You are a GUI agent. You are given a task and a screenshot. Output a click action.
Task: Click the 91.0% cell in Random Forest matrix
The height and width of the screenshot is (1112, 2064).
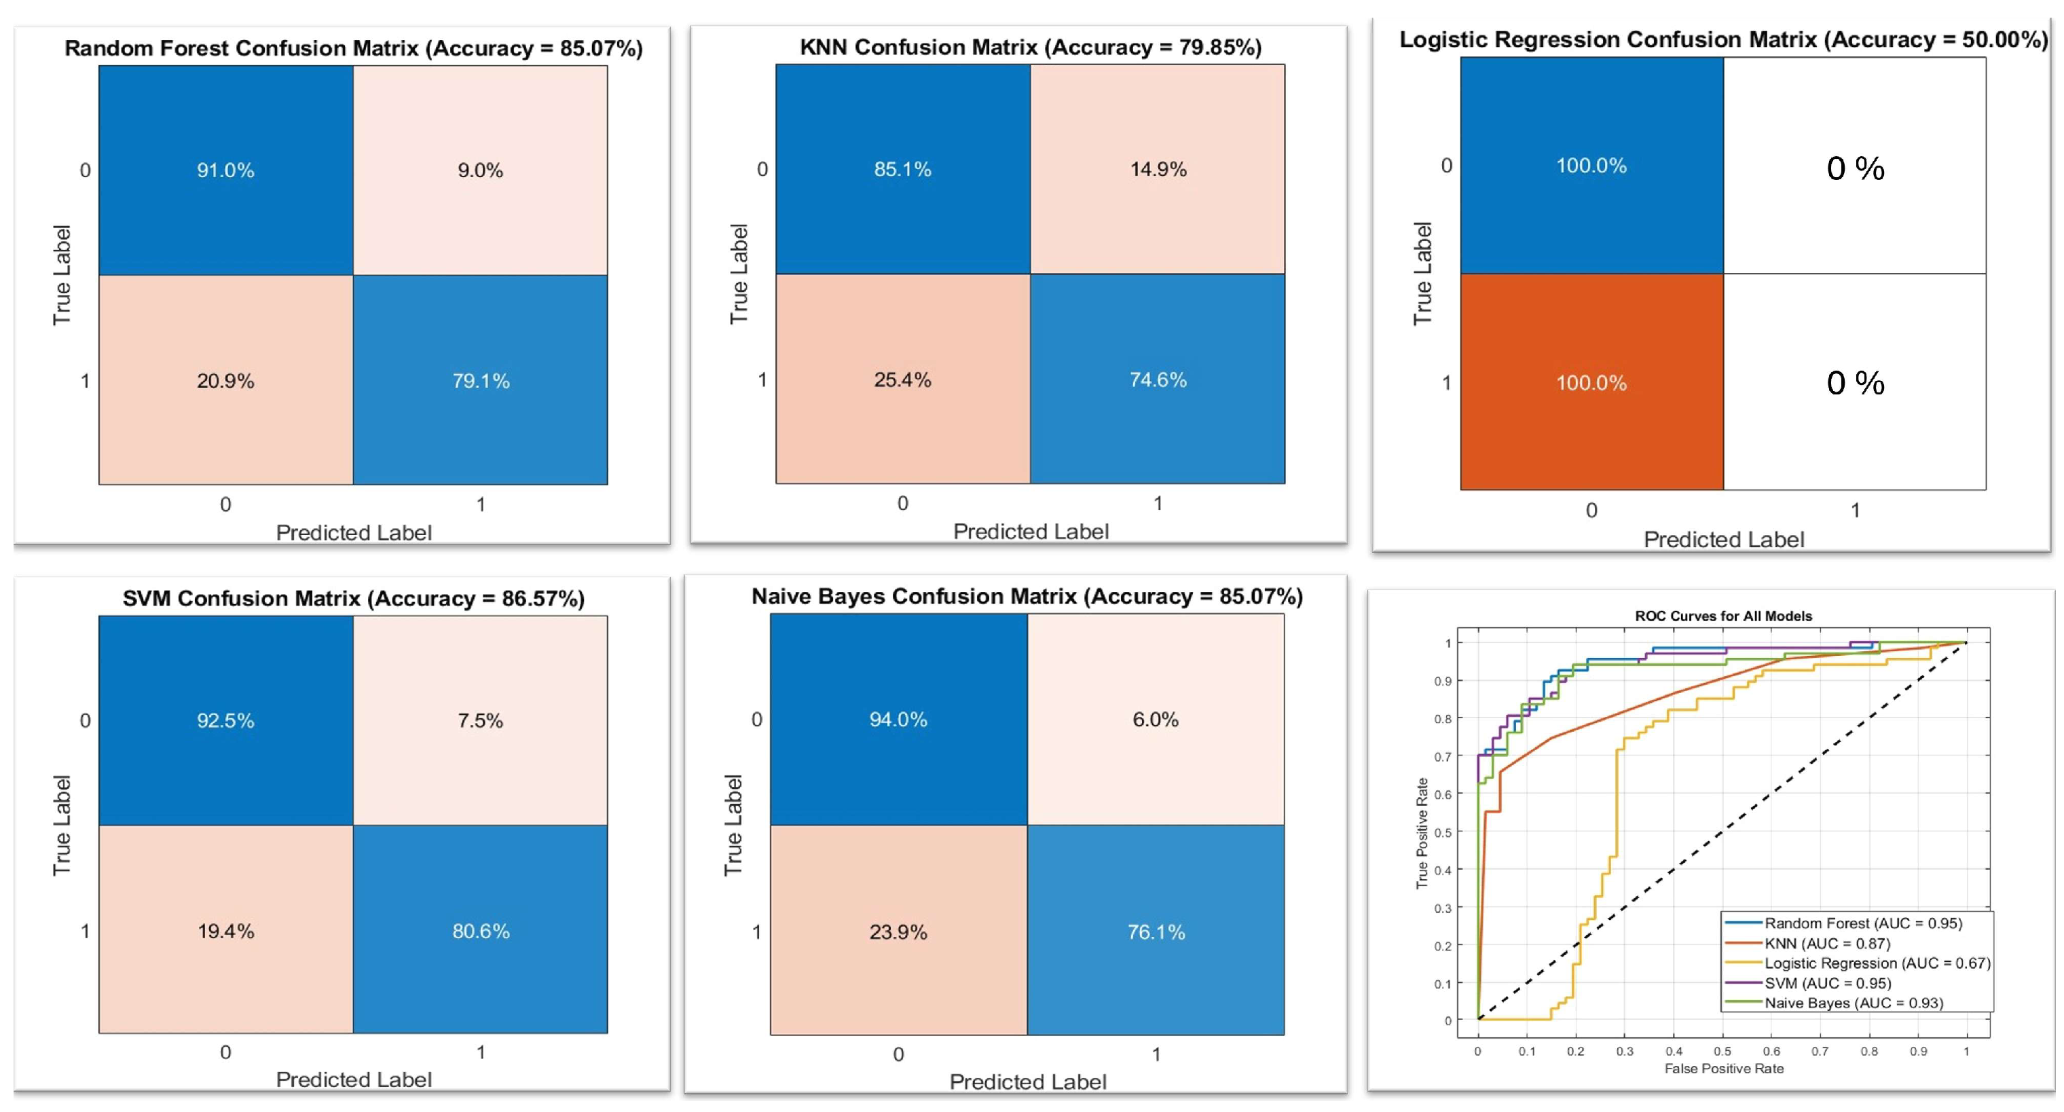tap(226, 170)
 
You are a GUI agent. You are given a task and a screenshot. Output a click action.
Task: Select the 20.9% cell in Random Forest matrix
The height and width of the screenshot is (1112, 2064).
tap(226, 379)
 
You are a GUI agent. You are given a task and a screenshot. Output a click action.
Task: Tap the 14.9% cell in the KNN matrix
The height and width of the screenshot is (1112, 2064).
tap(1158, 169)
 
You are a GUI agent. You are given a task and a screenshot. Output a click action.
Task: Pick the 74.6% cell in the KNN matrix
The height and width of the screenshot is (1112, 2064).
tap(1158, 379)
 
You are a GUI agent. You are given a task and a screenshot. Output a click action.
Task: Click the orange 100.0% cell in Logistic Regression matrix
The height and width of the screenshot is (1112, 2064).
tap(1592, 382)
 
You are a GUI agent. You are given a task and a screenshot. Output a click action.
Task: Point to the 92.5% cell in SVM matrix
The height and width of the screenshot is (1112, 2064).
tap(226, 720)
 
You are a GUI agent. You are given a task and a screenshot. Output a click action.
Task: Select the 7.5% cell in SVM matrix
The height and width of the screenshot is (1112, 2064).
tap(481, 720)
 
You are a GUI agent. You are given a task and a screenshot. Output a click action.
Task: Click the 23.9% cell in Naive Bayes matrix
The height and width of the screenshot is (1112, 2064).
tap(899, 930)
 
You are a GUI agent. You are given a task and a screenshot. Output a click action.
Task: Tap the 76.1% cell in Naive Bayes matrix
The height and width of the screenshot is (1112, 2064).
tap(1156, 930)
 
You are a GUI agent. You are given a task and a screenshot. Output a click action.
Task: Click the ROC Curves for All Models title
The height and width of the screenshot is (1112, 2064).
tap(1723, 616)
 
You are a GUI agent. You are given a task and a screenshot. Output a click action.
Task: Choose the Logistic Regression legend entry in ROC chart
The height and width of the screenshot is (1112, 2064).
tap(1858, 963)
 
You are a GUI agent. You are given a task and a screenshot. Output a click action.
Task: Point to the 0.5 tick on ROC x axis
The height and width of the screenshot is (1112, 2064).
tap(1722, 1051)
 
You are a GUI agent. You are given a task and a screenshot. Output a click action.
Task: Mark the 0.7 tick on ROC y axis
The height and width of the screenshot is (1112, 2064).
tap(1442, 756)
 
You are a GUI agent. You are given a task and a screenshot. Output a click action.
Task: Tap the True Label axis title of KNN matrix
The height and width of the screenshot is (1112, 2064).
tap(739, 274)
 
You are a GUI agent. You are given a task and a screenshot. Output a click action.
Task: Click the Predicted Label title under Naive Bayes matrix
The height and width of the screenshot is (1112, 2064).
tap(1028, 1081)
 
